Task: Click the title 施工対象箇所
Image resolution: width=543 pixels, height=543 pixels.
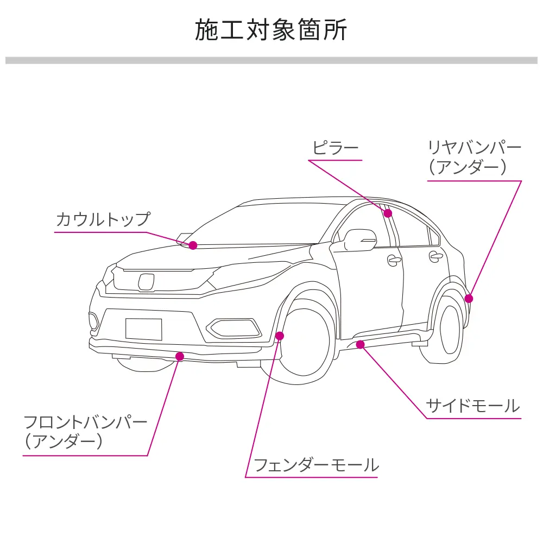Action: pyautogui.click(x=271, y=30)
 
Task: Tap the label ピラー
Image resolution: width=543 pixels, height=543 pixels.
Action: pyautogui.click(x=335, y=148)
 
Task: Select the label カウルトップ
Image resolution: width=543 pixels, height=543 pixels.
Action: pyautogui.click(x=102, y=219)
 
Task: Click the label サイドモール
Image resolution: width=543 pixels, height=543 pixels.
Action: pyautogui.click(x=472, y=406)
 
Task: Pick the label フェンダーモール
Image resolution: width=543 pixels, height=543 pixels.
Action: pyautogui.click(x=316, y=465)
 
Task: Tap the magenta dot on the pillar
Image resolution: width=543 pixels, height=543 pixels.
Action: pyautogui.click(x=388, y=213)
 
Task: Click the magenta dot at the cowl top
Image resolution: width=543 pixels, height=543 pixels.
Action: pyautogui.click(x=193, y=245)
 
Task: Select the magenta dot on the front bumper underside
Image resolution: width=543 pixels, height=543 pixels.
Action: pyautogui.click(x=180, y=356)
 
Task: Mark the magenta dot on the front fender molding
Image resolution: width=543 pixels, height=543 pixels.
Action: pyautogui.click(x=280, y=336)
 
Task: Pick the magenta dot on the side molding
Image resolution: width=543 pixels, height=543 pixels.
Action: pyautogui.click(x=360, y=344)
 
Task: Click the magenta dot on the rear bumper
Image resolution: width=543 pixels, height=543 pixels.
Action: pyautogui.click(x=469, y=298)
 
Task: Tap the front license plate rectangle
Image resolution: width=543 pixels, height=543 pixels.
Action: pyautogui.click(x=143, y=329)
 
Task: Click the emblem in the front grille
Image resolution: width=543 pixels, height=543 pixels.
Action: pyautogui.click(x=146, y=281)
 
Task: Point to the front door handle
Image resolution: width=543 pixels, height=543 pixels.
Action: pyautogui.click(x=394, y=260)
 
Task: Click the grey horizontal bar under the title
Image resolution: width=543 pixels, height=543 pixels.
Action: pyautogui.click(x=271, y=60)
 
